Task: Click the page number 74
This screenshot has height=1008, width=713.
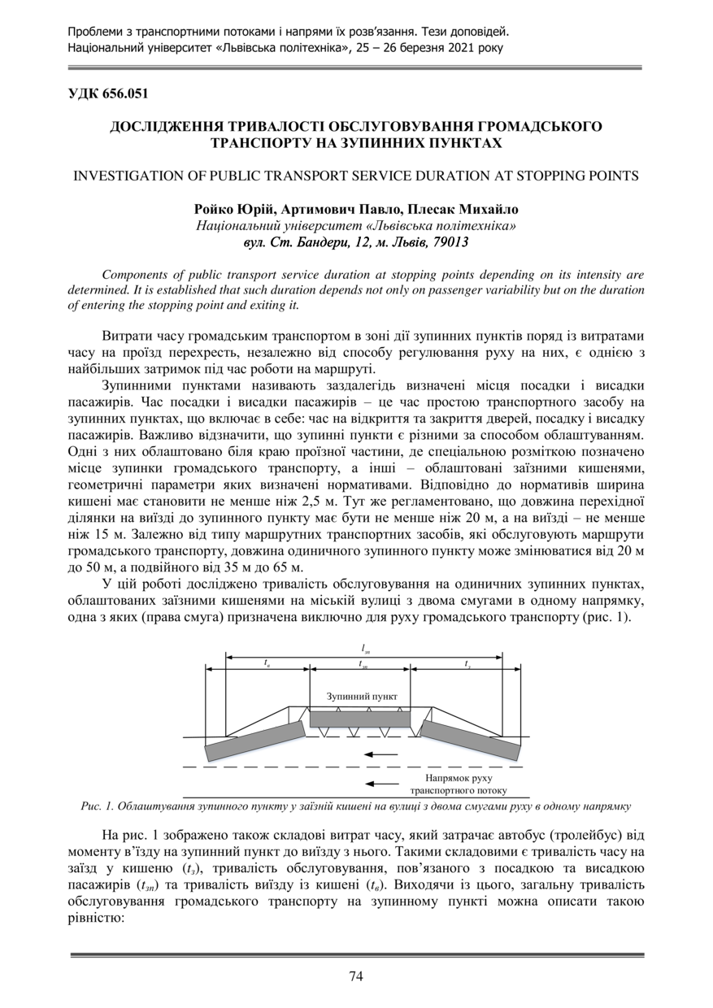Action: point(356,976)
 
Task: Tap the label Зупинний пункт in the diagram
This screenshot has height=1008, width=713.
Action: point(362,697)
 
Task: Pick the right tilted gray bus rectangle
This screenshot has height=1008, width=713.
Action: point(471,740)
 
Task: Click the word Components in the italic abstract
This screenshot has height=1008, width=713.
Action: point(135,275)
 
